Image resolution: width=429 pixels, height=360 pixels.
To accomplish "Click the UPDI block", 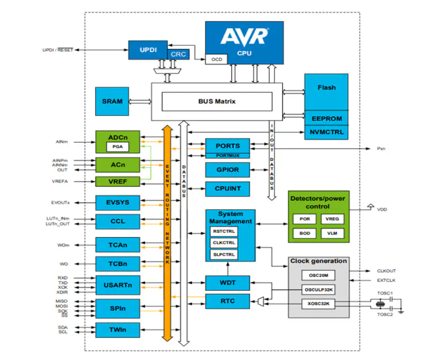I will point(147,50).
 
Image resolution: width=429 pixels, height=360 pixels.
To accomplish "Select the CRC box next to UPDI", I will point(179,55).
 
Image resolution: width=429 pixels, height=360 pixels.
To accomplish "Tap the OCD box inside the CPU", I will point(216,58).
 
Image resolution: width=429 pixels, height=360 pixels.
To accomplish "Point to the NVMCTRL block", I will point(327,132).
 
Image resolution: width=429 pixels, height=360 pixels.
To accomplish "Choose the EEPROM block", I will point(327,118).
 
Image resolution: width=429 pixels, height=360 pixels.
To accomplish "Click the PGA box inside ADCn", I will point(118,147).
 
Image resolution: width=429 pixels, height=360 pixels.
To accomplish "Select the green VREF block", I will point(117,181).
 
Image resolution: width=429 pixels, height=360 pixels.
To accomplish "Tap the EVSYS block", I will point(117,202).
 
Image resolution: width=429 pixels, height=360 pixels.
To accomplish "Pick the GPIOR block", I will point(227,169).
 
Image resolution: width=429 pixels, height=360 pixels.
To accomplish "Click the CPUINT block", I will point(227,190).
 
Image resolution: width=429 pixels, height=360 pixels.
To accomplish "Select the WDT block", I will point(227,283).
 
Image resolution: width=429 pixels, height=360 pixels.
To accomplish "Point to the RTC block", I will point(227,301).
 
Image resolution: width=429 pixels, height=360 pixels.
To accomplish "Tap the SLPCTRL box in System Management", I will point(223,254).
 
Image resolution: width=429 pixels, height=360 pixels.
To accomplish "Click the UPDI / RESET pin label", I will point(58,50).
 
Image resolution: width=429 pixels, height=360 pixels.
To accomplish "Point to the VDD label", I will point(382,209).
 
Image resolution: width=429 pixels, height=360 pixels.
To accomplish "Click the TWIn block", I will point(117,329).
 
